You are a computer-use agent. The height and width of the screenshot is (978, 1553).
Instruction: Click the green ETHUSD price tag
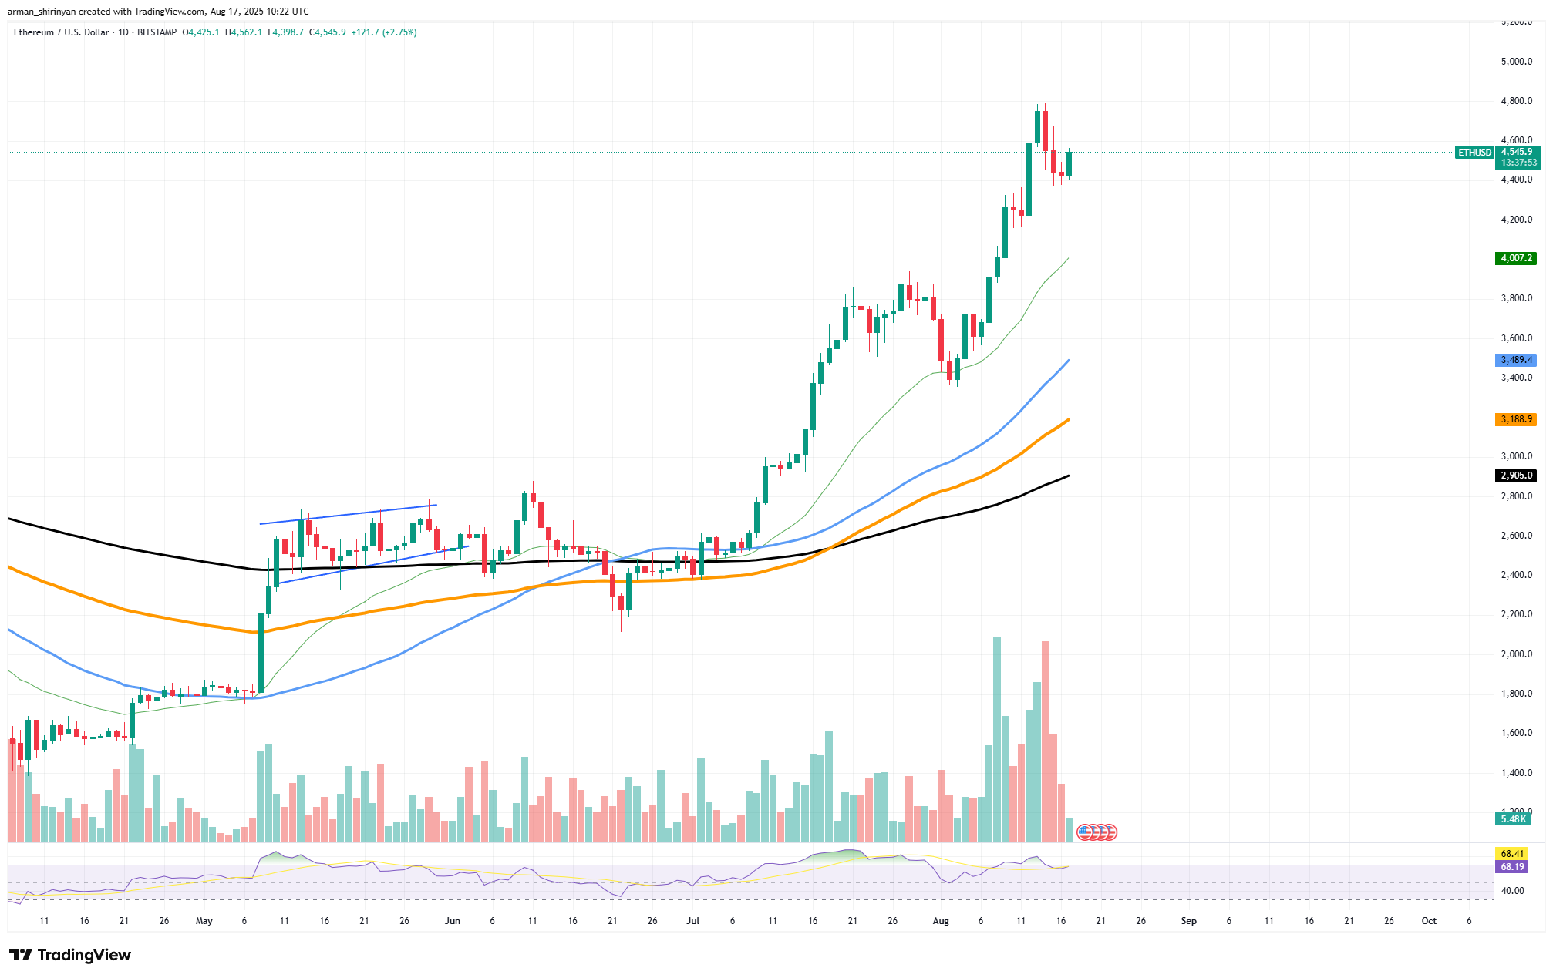pyautogui.click(x=1474, y=153)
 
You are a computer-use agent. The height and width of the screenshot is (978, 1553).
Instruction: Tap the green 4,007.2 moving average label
pyautogui.click(x=1515, y=258)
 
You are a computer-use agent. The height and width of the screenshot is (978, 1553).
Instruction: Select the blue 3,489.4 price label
pyautogui.click(x=1515, y=360)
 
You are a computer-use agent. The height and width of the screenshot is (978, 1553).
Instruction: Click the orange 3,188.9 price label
pyautogui.click(x=1515, y=419)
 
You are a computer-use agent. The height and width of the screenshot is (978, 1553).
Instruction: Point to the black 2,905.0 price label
pyautogui.click(x=1515, y=476)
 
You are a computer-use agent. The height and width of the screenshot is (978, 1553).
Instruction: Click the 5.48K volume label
pyautogui.click(x=1514, y=819)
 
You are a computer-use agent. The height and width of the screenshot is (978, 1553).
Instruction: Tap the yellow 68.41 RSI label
pyautogui.click(x=1512, y=853)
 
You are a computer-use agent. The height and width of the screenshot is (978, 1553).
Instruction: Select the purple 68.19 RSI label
pyautogui.click(x=1512, y=867)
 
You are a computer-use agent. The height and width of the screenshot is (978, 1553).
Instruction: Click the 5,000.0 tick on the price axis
pyautogui.click(x=1516, y=62)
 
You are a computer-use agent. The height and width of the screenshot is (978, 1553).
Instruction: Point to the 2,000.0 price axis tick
pyautogui.click(x=1516, y=654)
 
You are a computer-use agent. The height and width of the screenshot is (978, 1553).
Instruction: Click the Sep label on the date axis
pyautogui.click(x=1188, y=921)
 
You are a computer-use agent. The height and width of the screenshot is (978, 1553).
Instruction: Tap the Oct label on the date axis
pyautogui.click(x=1429, y=921)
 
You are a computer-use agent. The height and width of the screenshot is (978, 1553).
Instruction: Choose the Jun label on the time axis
pyautogui.click(x=452, y=921)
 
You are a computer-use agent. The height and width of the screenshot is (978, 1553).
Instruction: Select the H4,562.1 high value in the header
pyautogui.click(x=244, y=32)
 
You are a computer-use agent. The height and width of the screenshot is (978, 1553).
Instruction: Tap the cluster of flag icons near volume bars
pyautogui.click(x=1097, y=832)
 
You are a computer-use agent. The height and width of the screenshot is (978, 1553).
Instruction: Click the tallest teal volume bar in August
pyautogui.click(x=997, y=740)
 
